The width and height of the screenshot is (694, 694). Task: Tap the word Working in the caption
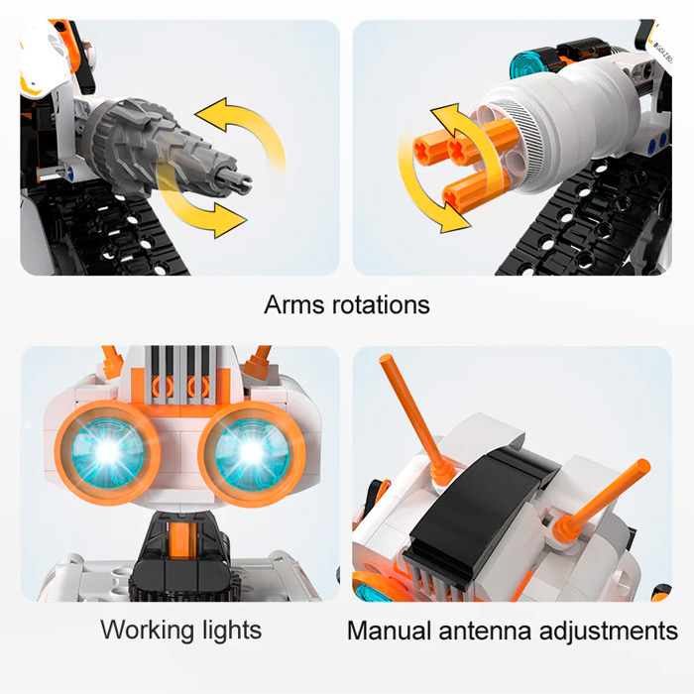click(148, 631)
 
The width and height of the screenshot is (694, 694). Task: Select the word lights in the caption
click(232, 631)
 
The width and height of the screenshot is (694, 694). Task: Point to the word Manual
click(389, 631)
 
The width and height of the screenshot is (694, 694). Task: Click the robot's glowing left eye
click(107, 452)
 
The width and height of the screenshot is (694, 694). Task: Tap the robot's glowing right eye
click(252, 452)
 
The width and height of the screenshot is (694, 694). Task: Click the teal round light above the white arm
click(526, 66)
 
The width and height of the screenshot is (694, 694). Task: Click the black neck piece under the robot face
click(180, 553)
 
